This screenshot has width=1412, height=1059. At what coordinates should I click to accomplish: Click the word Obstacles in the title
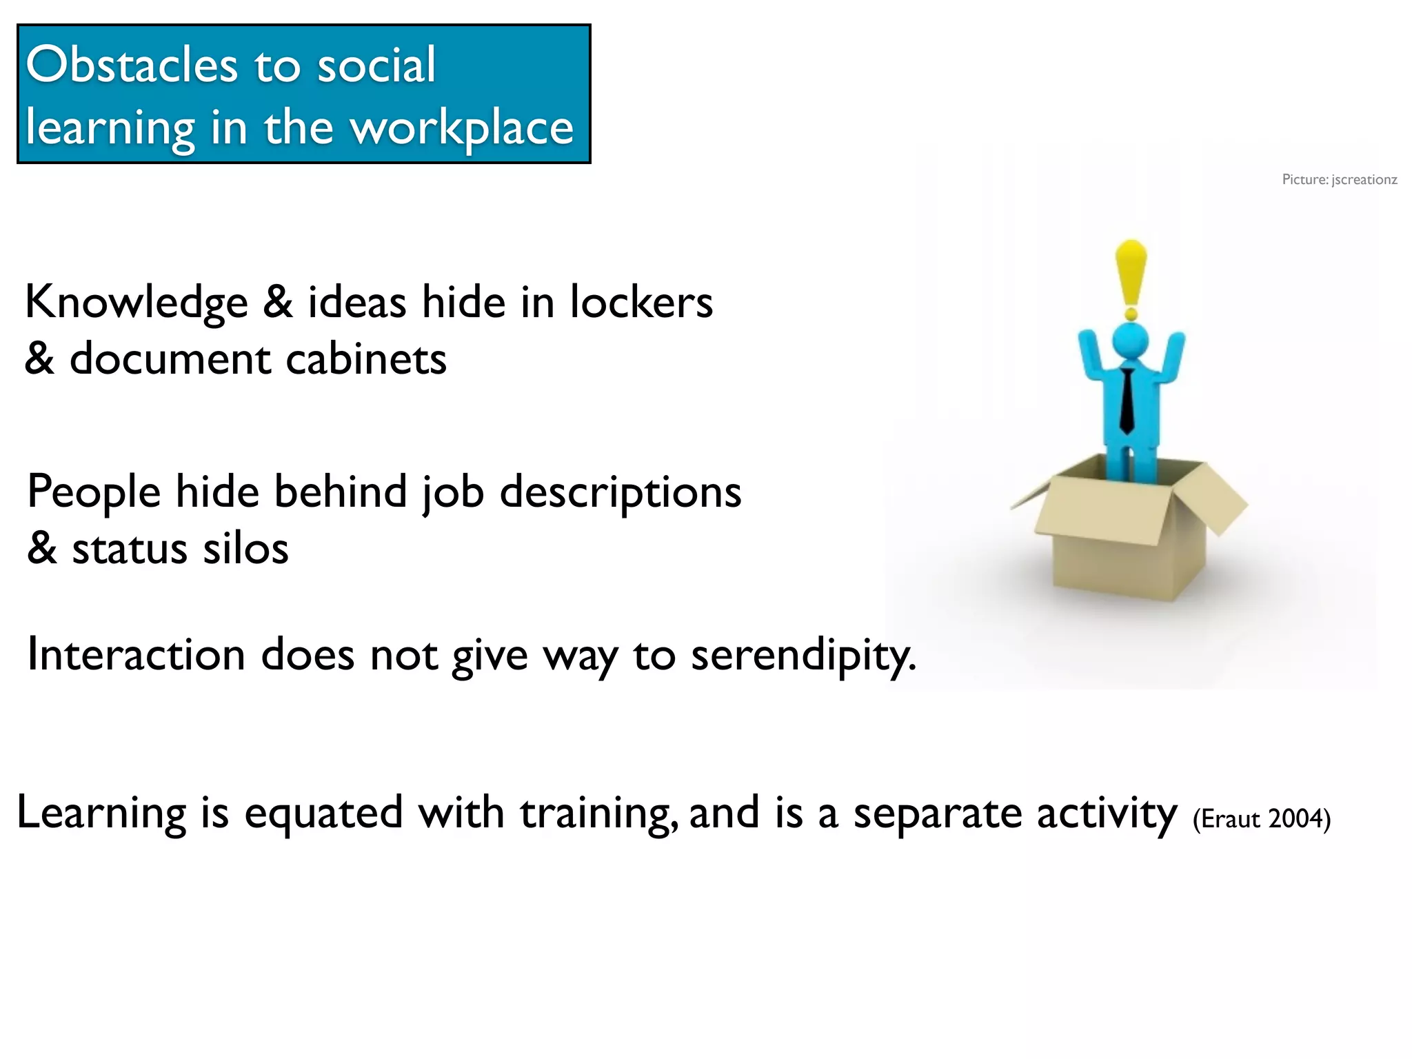[132, 65]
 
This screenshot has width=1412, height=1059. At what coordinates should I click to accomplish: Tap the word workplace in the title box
[462, 128]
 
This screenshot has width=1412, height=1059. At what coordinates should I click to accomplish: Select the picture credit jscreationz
[1364, 180]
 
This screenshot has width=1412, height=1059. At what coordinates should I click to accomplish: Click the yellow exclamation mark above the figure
[1131, 276]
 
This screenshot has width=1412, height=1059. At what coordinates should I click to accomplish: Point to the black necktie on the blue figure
[1127, 400]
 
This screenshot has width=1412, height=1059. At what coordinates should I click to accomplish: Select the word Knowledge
[136, 303]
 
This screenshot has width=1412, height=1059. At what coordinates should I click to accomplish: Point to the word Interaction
[136, 655]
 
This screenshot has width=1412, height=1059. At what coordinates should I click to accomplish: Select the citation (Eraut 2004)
[1262, 819]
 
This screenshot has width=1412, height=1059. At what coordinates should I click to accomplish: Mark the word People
[94, 493]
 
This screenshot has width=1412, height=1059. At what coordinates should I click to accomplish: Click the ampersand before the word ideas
[277, 303]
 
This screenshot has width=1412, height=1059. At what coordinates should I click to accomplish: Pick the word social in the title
[376, 65]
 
